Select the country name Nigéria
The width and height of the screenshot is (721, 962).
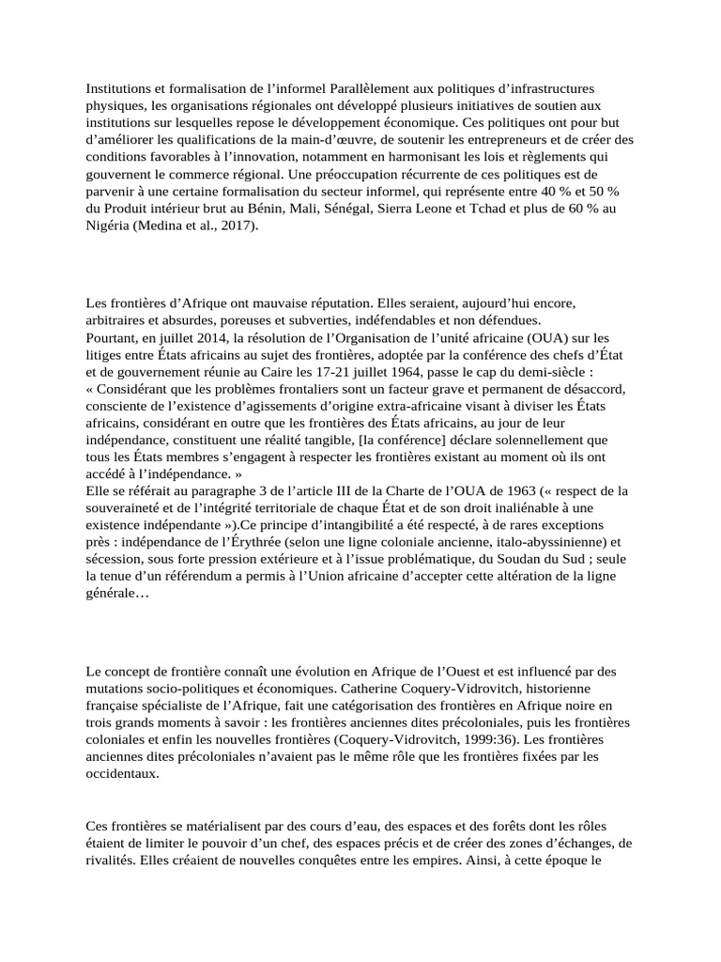(110, 225)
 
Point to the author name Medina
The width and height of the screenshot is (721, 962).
(170, 225)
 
